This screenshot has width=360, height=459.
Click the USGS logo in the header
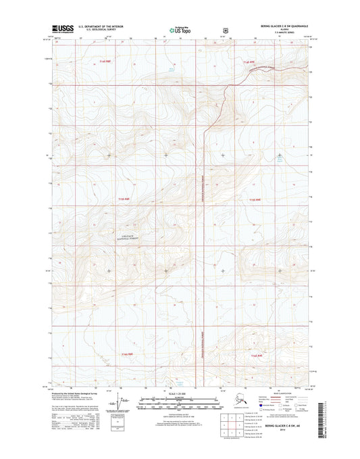tap(62, 29)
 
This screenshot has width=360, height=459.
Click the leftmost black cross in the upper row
tap(109, 155)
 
